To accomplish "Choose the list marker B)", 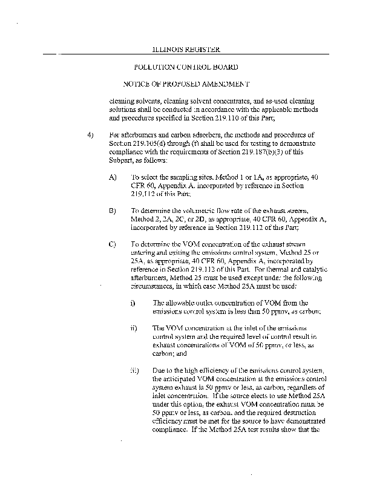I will coord(113,211).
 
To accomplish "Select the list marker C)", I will coord(113,244).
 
